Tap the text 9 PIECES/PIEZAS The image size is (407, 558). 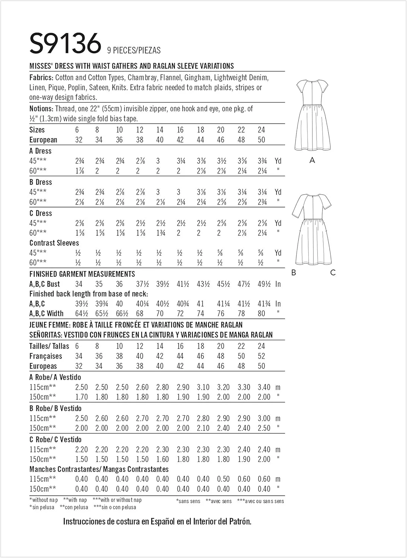[134, 50]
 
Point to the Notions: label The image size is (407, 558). [41, 109]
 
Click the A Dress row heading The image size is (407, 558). [40, 151]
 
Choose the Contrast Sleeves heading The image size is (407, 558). [54, 243]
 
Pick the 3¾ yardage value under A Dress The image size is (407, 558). [261, 161]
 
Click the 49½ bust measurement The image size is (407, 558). [264, 284]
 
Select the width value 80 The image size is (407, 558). [261, 314]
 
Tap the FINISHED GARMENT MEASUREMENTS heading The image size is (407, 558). [82, 274]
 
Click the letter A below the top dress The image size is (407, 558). [312, 160]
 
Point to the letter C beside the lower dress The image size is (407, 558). [333, 273]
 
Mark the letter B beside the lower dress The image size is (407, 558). [293, 273]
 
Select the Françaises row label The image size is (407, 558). [45, 356]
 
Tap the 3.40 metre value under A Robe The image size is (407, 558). [264, 387]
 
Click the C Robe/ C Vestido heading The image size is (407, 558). [55, 439]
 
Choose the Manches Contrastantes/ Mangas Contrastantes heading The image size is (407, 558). [99, 469]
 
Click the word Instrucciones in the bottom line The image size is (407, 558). [84, 521]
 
